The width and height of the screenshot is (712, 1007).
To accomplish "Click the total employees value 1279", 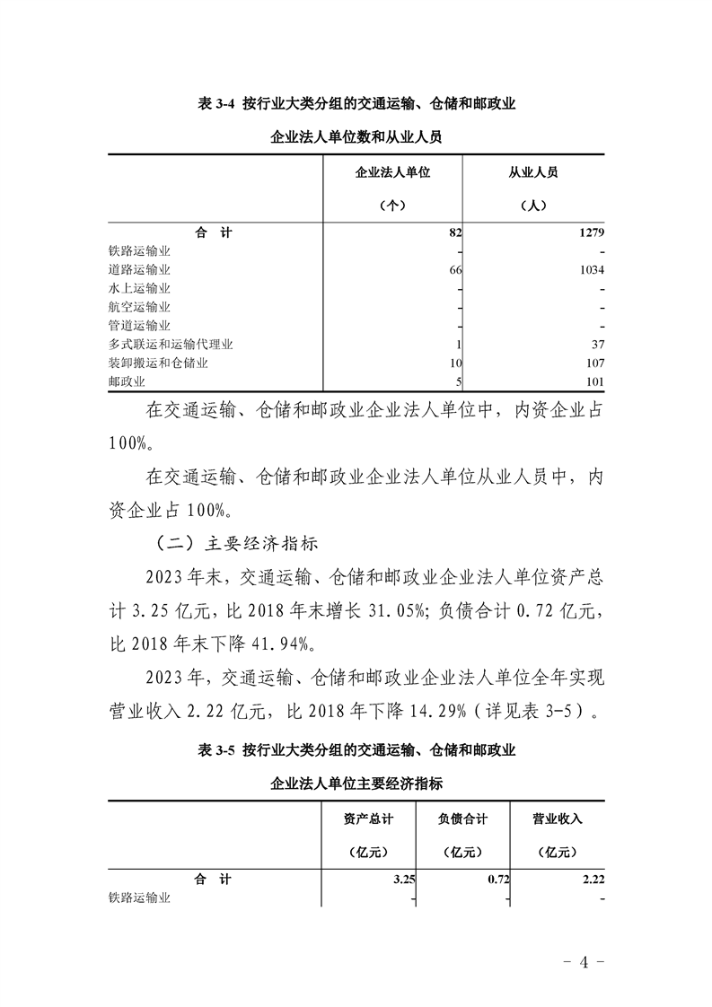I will (x=589, y=232).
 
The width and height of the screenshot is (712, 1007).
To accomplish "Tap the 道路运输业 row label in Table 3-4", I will (x=139, y=269).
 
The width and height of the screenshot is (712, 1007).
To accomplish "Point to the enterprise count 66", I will (x=454, y=269).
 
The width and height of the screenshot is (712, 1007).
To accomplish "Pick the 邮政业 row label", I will (x=127, y=382).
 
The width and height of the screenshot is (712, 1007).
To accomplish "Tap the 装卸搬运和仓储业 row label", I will (x=158, y=363).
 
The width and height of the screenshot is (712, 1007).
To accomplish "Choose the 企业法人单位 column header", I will (x=393, y=172).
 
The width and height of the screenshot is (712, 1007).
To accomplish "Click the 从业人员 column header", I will (x=533, y=172).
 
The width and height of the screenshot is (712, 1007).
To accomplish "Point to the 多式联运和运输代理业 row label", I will (x=171, y=345).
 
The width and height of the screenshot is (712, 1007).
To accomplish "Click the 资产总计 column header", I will (x=368, y=819).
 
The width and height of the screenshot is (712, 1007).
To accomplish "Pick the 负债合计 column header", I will (x=462, y=819).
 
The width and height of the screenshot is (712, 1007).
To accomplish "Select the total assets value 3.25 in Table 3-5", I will (x=404, y=880).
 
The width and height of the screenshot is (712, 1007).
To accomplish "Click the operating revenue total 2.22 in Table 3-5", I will (x=593, y=880).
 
